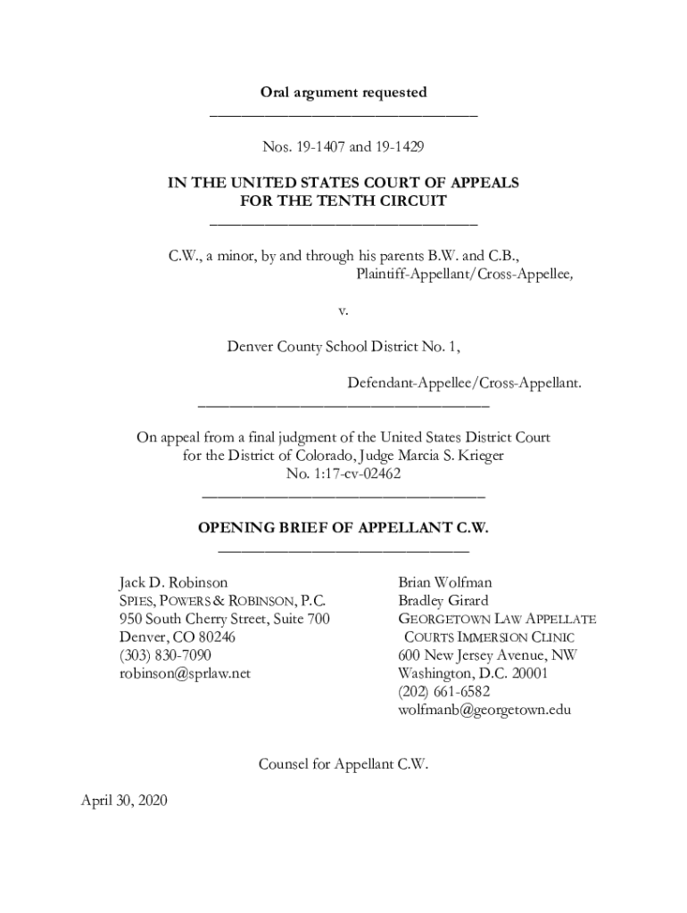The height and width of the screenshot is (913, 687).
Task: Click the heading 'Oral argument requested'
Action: point(343,92)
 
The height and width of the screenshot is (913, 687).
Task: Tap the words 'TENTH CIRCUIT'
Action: point(391,201)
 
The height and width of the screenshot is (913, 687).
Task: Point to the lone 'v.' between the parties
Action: point(343,311)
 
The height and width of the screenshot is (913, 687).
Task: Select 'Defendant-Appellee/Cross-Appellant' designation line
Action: point(464,383)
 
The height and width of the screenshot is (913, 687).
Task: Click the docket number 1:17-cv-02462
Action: point(343,473)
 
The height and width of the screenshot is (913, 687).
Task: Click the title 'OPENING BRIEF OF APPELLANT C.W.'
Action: point(343,528)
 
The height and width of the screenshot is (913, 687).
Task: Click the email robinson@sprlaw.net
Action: point(186,673)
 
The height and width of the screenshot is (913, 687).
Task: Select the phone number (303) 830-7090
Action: point(165,655)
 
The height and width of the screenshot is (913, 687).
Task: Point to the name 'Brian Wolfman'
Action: point(445,582)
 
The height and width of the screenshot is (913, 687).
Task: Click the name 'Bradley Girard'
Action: point(443,600)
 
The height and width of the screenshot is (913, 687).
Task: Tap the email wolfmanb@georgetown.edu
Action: point(484,710)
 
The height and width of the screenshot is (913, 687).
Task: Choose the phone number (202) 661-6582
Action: point(444,692)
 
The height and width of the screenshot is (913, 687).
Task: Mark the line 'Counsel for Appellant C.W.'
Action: point(343,763)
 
